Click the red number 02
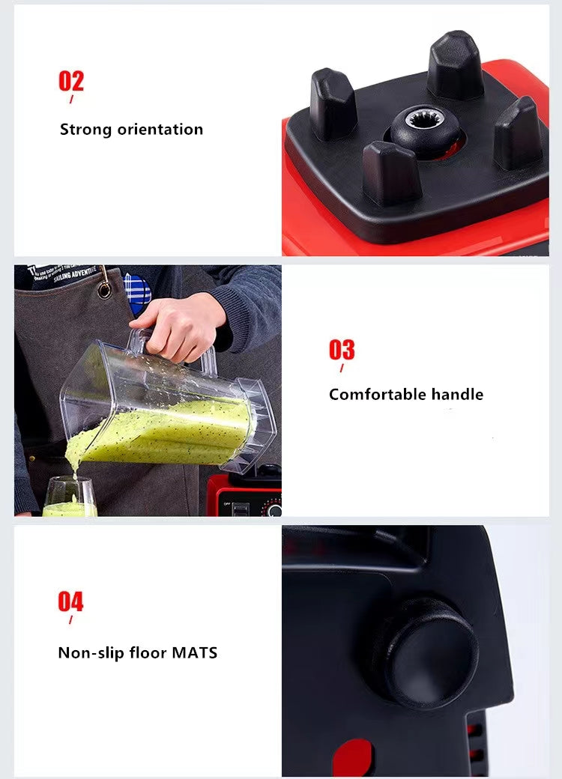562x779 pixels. tap(71, 81)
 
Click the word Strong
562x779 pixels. tap(86, 129)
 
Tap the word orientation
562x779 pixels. tap(160, 129)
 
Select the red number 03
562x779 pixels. tap(342, 350)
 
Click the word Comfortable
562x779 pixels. tap(378, 394)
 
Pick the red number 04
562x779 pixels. tap(71, 602)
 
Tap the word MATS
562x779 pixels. tap(195, 652)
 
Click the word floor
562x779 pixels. tap(148, 652)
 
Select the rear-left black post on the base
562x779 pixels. tap(333, 103)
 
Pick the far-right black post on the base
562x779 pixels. tap(518, 133)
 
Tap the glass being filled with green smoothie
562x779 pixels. tap(69, 497)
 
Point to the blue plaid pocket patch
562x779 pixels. tap(138, 292)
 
